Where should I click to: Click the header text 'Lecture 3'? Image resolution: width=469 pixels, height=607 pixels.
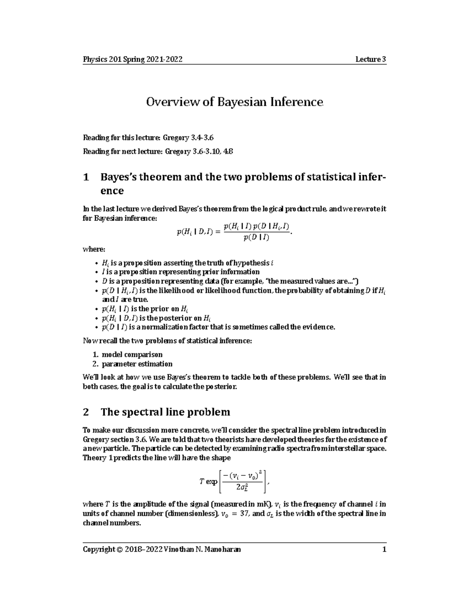(371, 59)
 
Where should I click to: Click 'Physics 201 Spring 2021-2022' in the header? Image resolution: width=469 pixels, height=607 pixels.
(132, 59)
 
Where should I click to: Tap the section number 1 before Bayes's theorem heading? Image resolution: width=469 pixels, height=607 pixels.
(86, 177)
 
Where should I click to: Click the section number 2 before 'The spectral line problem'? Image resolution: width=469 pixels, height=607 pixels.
(86, 412)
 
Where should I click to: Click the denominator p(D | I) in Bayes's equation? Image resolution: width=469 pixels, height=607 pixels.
(256, 238)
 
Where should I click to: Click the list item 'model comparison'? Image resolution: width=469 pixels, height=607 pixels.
(132, 355)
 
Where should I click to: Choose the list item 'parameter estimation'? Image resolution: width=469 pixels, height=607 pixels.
(137, 364)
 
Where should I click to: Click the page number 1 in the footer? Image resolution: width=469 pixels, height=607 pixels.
(384, 550)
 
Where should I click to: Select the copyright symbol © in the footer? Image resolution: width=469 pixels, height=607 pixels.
(119, 550)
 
